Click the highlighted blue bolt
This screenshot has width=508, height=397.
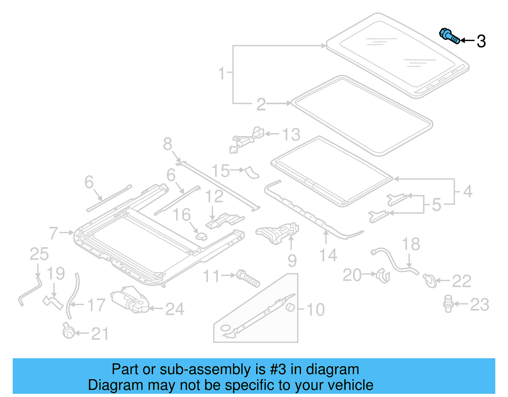point(449,36)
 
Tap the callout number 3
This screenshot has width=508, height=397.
point(481,41)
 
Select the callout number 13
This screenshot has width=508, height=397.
point(291,134)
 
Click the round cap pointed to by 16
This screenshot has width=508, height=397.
point(201,236)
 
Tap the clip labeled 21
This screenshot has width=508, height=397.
point(69,332)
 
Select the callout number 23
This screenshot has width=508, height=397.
point(479,305)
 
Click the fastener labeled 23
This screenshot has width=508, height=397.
point(448,303)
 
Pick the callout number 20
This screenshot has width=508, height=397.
point(352,275)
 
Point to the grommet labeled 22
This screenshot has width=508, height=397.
point(430,281)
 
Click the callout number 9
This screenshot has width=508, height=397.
point(292,261)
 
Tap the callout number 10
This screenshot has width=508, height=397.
point(316,309)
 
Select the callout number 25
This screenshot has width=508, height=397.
point(39,254)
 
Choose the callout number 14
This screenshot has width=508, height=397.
point(328,255)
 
